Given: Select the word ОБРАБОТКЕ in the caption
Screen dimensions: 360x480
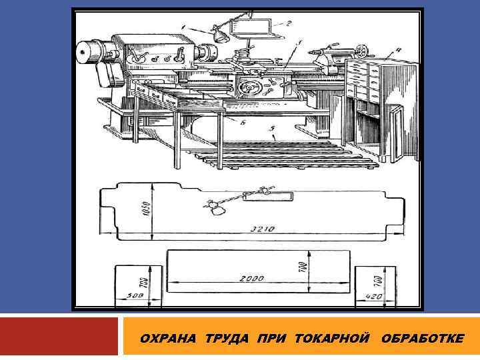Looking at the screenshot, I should click(423, 338).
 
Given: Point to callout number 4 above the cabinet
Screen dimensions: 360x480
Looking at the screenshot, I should click(397, 50).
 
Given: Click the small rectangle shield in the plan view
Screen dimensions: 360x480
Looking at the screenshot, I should click(268, 197).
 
